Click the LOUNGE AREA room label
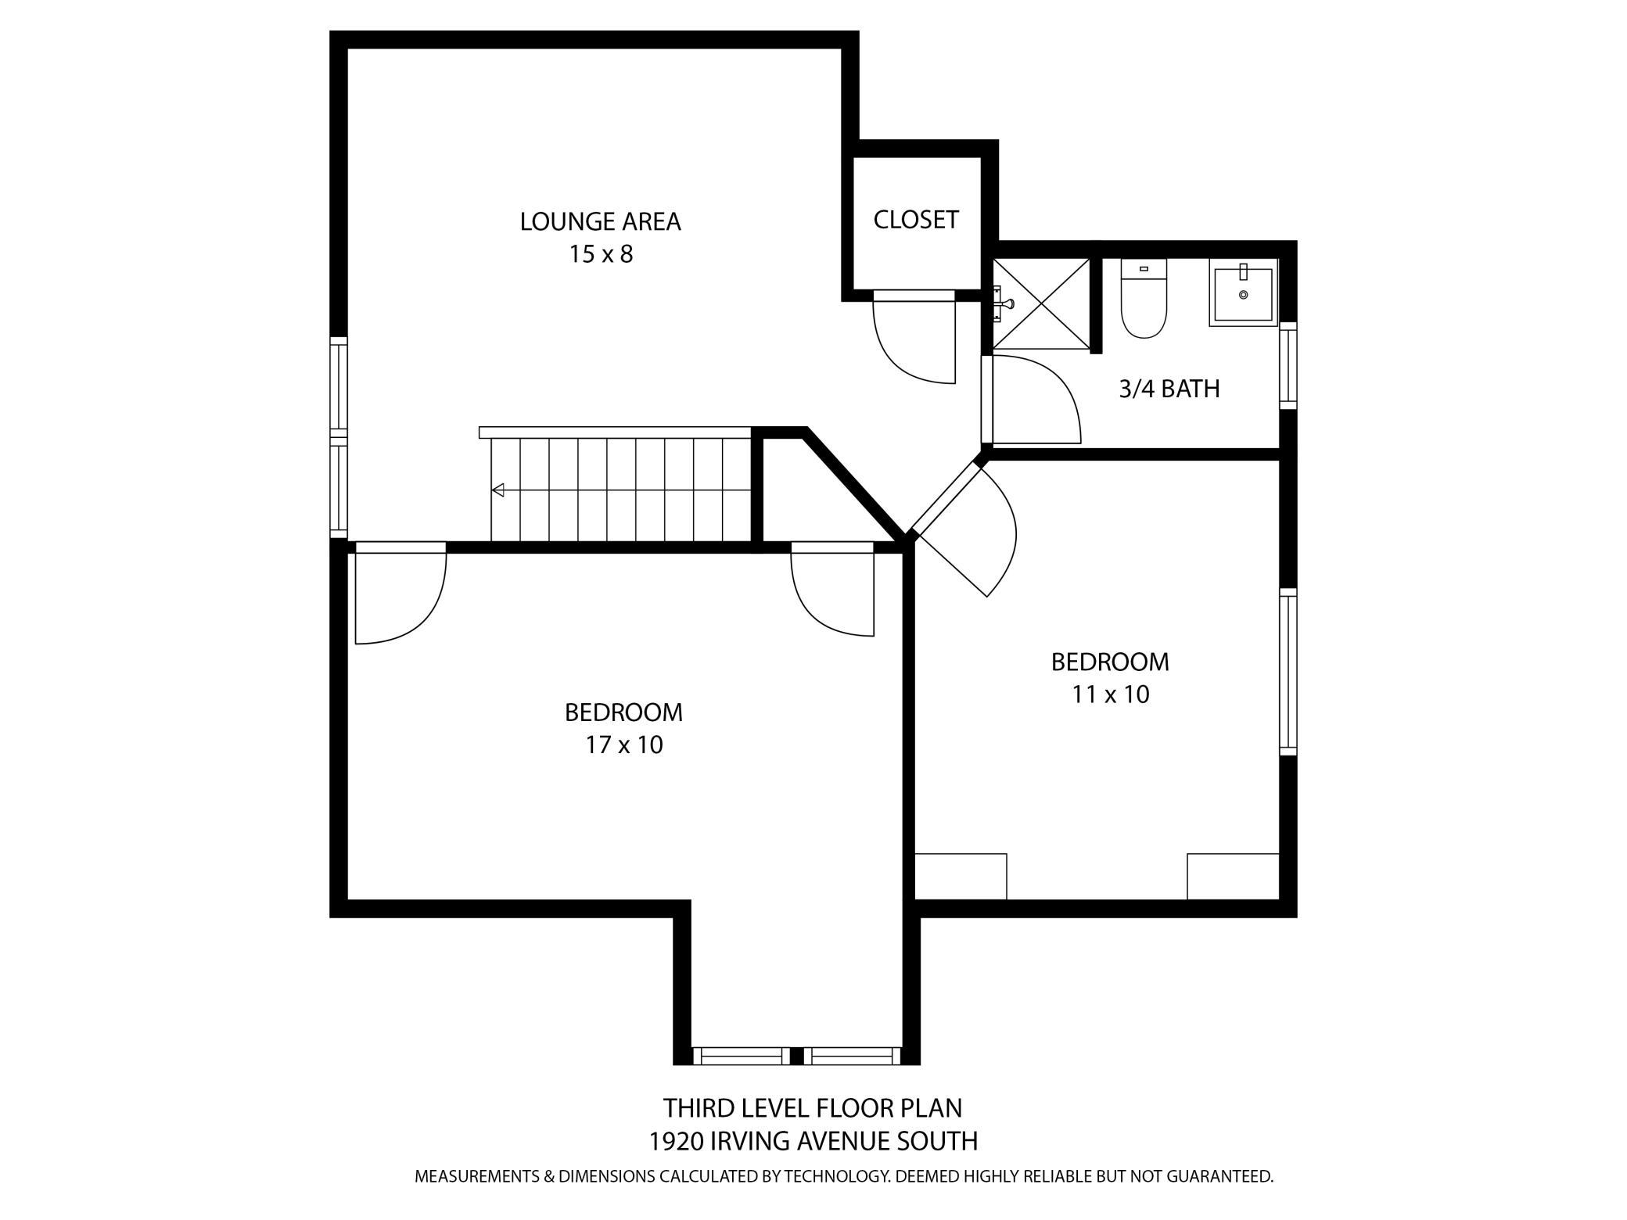tap(600, 221)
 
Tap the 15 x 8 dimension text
tap(601, 254)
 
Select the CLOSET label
tap(916, 220)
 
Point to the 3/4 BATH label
tap(1169, 389)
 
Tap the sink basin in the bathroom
tap(1243, 293)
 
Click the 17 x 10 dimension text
tap(624, 745)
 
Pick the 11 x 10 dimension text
tap(1111, 694)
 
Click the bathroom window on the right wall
tap(1288, 365)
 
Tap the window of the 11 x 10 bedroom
tap(1288, 672)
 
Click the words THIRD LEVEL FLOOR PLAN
tap(813, 1108)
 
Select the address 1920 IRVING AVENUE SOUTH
tap(813, 1142)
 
